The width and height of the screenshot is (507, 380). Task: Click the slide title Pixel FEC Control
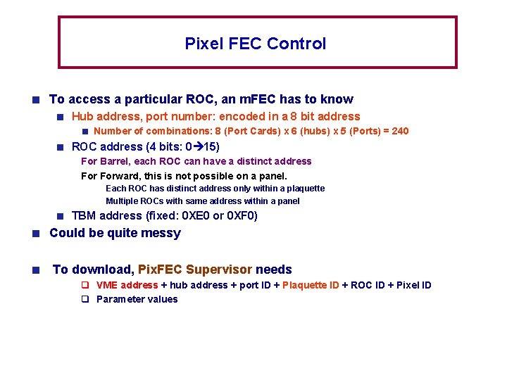point(255,44)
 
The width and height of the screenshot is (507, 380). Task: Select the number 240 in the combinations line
point(399,131)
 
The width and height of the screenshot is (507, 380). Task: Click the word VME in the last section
point(106,285)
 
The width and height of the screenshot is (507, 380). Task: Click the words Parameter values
point(137,299)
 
